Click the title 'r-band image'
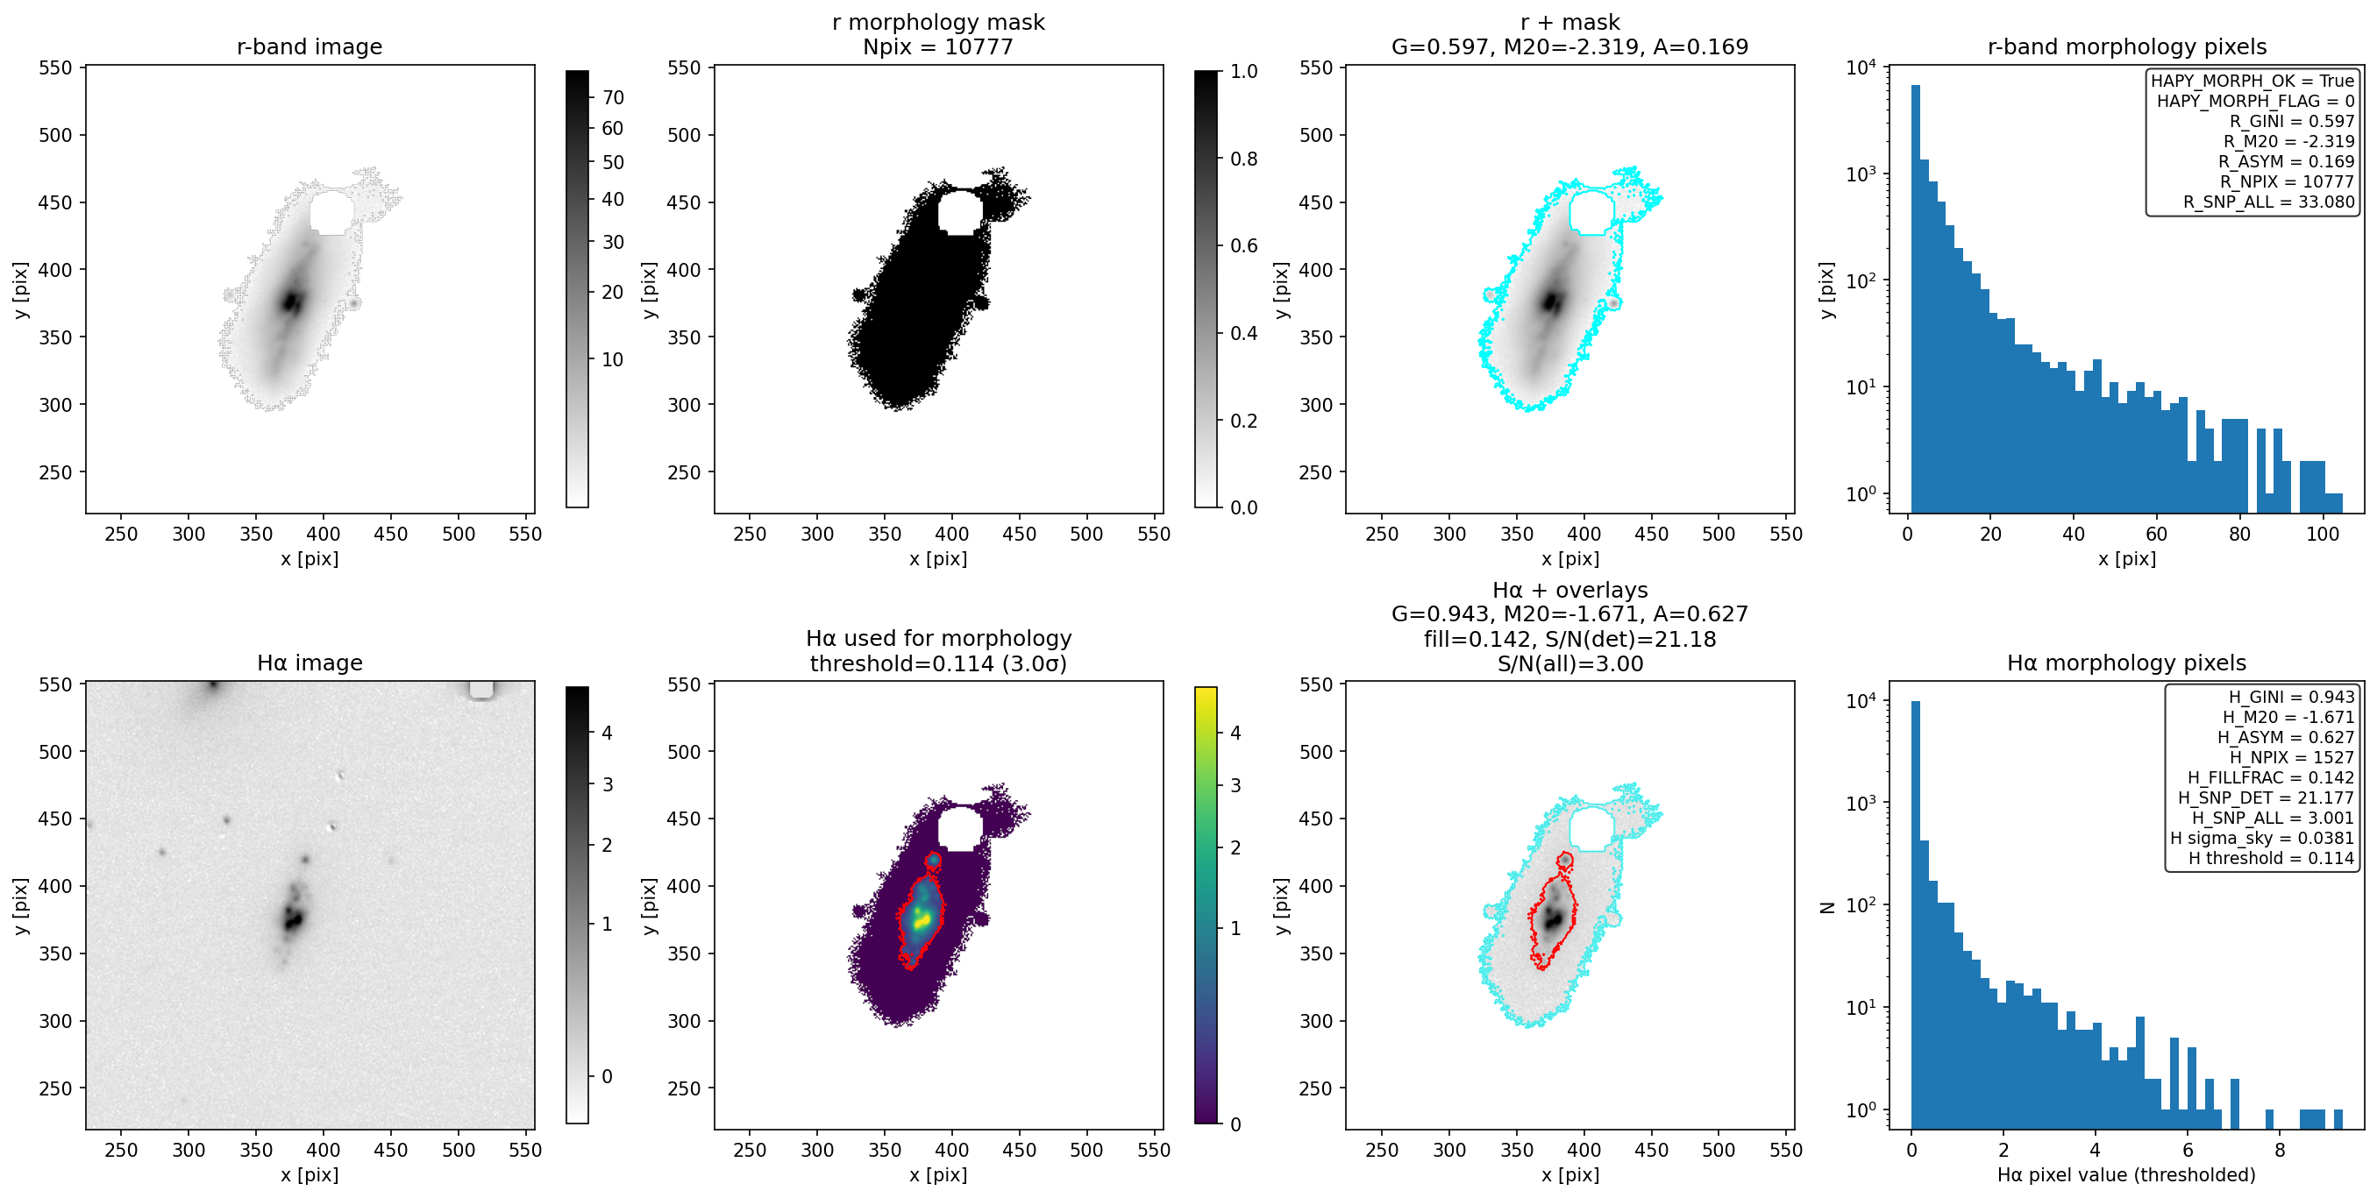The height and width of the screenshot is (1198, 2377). click(x=310, y=46)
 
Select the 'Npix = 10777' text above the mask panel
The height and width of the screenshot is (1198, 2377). click(x=937, y=46)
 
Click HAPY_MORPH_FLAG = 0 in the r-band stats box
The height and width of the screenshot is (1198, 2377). click(x=2255, y=101)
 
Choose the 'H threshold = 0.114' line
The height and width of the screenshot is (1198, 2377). click(x=2271, y=858)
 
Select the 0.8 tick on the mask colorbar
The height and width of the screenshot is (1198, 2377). click(x=1244, y=159)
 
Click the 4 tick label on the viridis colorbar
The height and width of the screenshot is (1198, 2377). click(x=1235, y=734)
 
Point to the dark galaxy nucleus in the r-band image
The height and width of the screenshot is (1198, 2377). click(x=293, y=301)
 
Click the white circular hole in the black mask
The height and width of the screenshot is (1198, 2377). click(x=960, y=212)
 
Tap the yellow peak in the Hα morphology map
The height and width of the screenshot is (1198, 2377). click(x=921, y=919)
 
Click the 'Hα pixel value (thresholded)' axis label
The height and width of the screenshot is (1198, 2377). click(x=2126, y=1174)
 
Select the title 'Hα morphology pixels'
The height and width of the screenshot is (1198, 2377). click(x=2126, y=663)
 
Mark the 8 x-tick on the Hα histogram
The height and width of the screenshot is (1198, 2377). click(x=2279, y=1150)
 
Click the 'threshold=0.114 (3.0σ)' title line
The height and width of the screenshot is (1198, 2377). click(x=937, y=663)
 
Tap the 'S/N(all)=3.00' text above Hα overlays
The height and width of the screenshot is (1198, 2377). click(x=1569, y=663)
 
